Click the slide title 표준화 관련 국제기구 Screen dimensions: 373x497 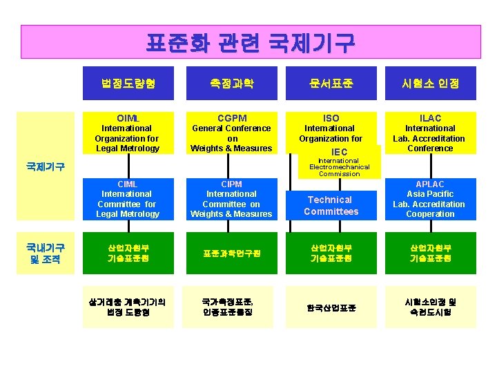click(x=250, y=43)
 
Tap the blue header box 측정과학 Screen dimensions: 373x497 click(x=232, y=84)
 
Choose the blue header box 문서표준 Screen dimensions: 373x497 click(x=331, y=84)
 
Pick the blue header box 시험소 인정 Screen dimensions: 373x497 click(x=430, y=84)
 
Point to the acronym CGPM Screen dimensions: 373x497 click(x=232, y=118)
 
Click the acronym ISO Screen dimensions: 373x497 click(x=331, y=118)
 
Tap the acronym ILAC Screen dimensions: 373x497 click(x=430, y=118)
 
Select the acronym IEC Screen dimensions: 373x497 click(x=340, y=152)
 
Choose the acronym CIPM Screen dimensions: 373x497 click(x=232, y=184)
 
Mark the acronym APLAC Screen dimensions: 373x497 click(x=430, y=184)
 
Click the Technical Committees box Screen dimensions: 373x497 click(x=331, y=205)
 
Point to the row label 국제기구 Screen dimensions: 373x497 click(x=46, y=166)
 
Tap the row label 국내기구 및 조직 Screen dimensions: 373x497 click(x=46, y=253)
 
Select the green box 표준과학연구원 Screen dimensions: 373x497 click(x=232, y=254)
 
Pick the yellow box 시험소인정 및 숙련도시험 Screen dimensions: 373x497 click(x=430, y=307)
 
